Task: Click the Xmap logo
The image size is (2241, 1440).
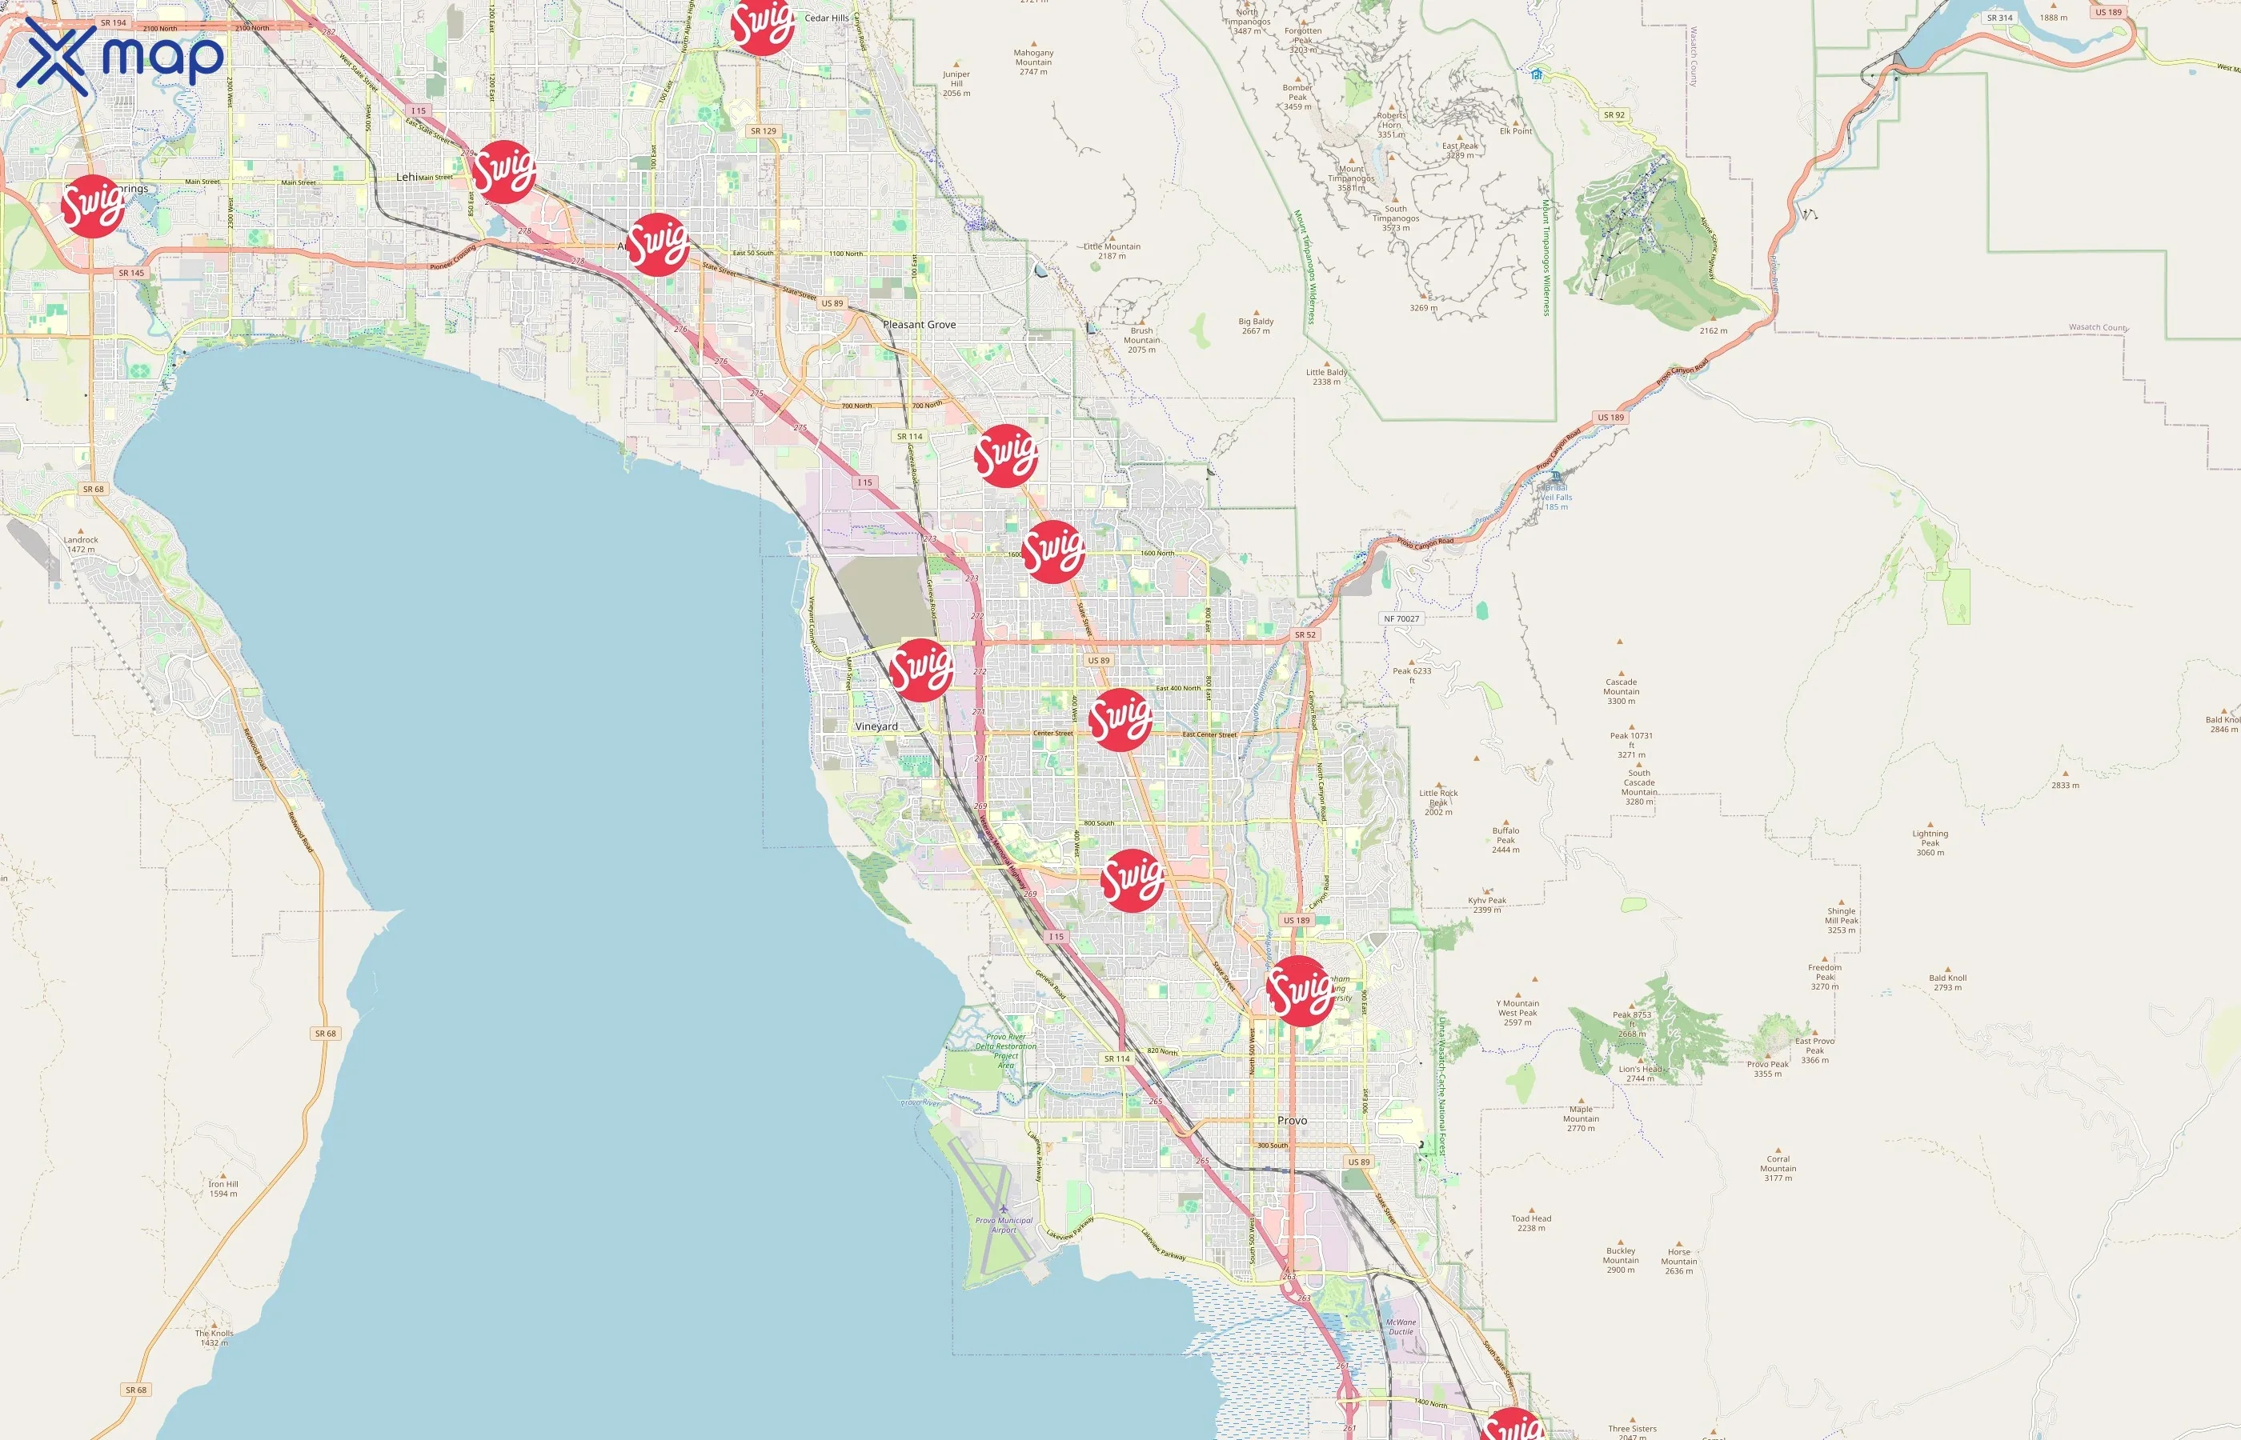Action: tap(120, 56)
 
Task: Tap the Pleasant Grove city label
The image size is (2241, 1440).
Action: tap(920, 325)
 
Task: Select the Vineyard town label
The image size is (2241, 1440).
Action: tap(876, 726)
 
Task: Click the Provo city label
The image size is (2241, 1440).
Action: tap(1292, 1120)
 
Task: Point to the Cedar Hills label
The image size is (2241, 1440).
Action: tap(827, 18)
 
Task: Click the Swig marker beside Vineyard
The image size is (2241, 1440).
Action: tap(921, 670)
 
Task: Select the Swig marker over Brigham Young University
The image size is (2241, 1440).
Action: tap(1299, 991)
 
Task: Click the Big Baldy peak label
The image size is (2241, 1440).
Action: tap(1256, 326)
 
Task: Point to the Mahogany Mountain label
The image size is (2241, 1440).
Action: tap(1033, 62)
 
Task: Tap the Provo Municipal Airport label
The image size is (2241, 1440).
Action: tap(1004, 1224)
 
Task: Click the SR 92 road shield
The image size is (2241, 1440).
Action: tap(1614, 115)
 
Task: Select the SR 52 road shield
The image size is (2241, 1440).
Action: tap(1305, 635)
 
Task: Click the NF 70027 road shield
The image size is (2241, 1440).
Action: tap(1401, 619)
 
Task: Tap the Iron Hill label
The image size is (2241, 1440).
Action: tap(223, 1189)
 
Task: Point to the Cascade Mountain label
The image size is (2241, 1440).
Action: tap(1621, 691)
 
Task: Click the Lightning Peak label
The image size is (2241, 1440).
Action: tap(1930, 842)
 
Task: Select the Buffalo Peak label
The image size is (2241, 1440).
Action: tap(1505, 840)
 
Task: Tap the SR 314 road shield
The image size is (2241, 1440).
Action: tap(1999, 18)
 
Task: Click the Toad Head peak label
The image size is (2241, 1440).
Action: tap(1531, 1223)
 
